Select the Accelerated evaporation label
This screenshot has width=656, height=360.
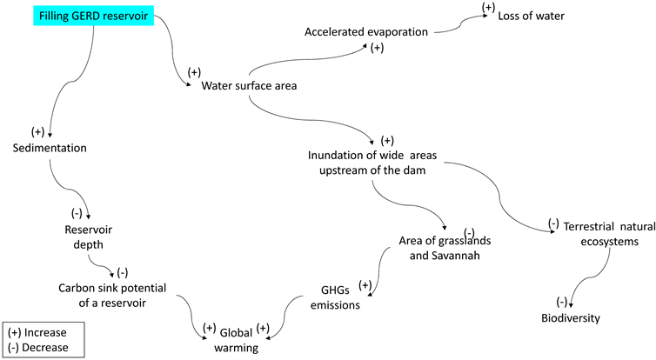pyautogui.click(x=366, y=32)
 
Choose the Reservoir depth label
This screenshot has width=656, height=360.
pyautogui.click(x=89, y=237)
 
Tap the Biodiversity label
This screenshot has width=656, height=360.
pyautogui.click(x=570, y=318)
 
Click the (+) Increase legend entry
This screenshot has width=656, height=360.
pyautogui.click(x=41, y=331)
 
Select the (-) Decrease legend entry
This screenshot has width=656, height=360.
pyautogui.click(x=42, y=348)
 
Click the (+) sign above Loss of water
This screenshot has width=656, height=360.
pyautogui.click(x=489, y=7)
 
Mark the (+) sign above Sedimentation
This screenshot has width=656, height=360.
pyautogui.click(x=37, y=132)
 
